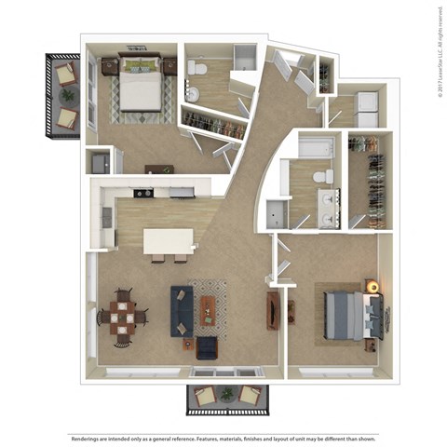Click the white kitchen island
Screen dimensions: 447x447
coord(169,242)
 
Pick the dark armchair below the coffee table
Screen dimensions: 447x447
coord(206,347)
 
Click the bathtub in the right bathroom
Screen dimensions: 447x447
coord(317,146)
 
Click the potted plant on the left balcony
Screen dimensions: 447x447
coord(69,93)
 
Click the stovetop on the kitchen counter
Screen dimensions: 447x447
coord(142,194)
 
